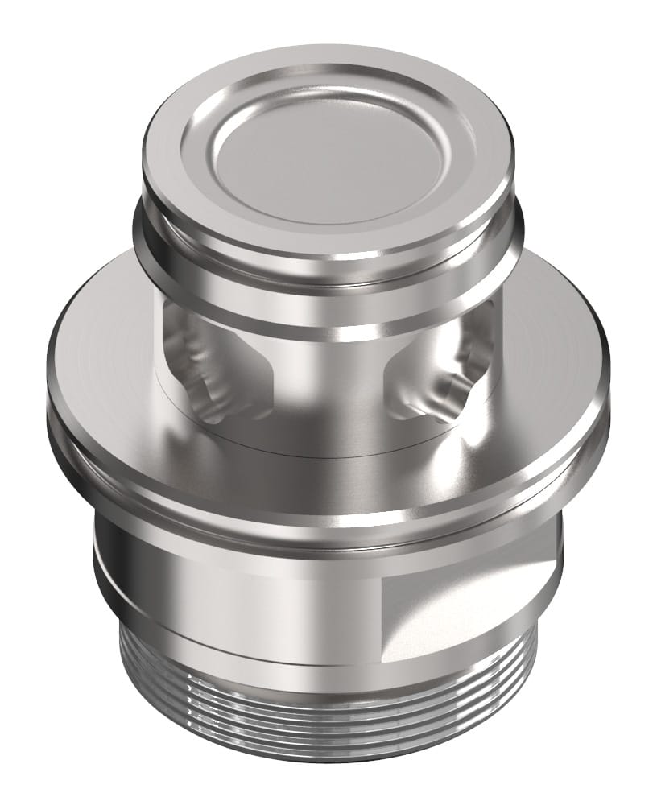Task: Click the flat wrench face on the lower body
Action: [467, 612]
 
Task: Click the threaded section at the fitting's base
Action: [322, 708]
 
